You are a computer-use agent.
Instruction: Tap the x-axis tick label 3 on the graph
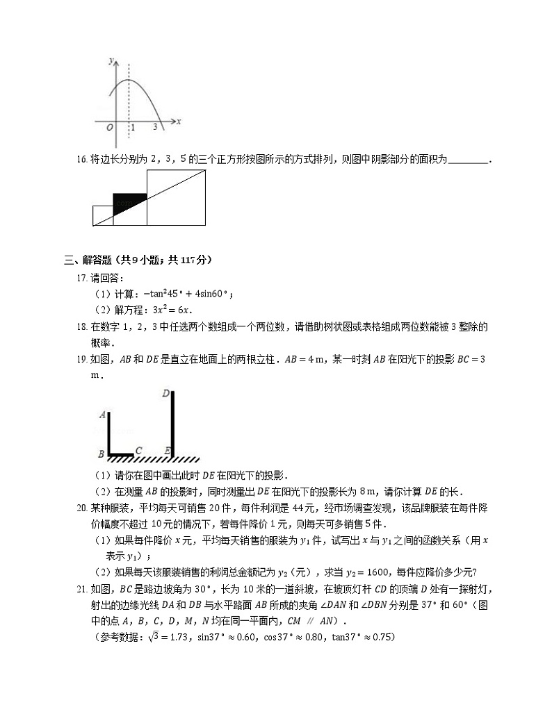[155, 128]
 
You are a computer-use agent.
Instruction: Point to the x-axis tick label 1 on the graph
[133, 128]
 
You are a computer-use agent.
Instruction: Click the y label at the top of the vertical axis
[111, 61]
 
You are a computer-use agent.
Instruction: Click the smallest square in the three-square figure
[102, 215]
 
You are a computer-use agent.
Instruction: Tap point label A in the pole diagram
[102, 415]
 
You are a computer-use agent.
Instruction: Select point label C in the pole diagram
[139, 450]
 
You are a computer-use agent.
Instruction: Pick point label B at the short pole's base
[102, 455]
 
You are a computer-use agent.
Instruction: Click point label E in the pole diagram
[168, 450]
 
